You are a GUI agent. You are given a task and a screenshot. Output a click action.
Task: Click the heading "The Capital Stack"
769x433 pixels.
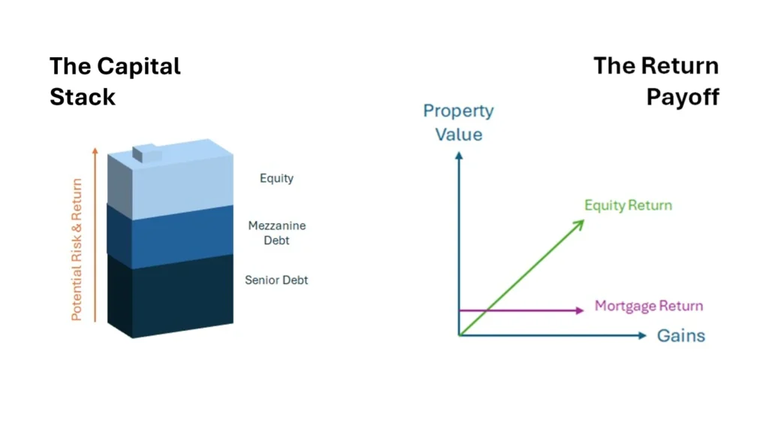(115, 81)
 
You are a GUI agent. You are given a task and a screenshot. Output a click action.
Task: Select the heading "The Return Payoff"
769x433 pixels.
(656, 81)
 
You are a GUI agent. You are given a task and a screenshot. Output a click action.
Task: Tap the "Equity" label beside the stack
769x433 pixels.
(276, 178)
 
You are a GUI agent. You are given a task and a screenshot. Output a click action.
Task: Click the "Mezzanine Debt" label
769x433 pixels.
(276, 233)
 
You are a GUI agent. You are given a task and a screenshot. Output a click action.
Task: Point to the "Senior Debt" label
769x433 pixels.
(276, 280)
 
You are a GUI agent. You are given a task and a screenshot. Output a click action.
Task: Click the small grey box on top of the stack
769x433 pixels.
(146, 153)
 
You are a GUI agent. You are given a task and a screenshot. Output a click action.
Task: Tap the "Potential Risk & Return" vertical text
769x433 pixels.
(77, 250)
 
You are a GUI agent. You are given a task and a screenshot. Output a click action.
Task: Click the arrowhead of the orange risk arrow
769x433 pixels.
(95, 150)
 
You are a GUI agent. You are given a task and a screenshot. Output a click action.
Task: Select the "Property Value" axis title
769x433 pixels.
(459, 123)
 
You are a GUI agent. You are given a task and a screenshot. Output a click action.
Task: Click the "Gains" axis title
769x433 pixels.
(681, 336)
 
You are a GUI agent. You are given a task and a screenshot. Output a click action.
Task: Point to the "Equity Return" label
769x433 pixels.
(629, 205)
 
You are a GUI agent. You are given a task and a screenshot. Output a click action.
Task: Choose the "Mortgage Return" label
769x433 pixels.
(649, 306)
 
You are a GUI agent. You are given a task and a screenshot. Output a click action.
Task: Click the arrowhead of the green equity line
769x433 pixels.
(580, 224)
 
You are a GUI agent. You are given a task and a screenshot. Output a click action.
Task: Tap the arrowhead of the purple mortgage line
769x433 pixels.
(580, 310)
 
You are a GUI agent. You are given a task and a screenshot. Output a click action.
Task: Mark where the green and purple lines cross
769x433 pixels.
(486, 310)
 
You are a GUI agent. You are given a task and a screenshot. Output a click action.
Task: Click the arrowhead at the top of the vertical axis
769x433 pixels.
(459, 155)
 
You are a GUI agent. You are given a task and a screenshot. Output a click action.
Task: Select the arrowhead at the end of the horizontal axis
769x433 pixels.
(643, 336)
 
